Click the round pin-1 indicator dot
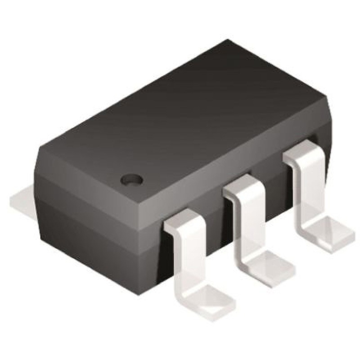point(132,179)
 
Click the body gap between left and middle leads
point(216,225)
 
